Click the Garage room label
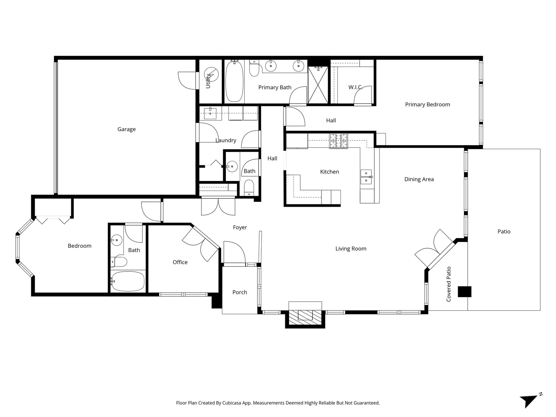click(126, 129)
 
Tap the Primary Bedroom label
click(427, 105)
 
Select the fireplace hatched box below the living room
click(305, 318)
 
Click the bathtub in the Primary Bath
click(234, 81)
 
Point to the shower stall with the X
click(318, 85)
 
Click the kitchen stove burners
click(338, 141)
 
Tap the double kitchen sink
click(366, 177)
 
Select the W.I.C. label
click(355, 87)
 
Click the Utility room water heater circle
click(211, 74)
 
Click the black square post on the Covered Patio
click(464, 292)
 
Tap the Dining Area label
click(419, 180)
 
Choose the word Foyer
click(240, 228)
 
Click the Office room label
click(180, 262)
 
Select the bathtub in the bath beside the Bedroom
click(128, 281)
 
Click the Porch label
click(240, 293)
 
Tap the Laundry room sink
click(210, 113)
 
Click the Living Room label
click(351, 249)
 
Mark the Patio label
click(504, 232)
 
